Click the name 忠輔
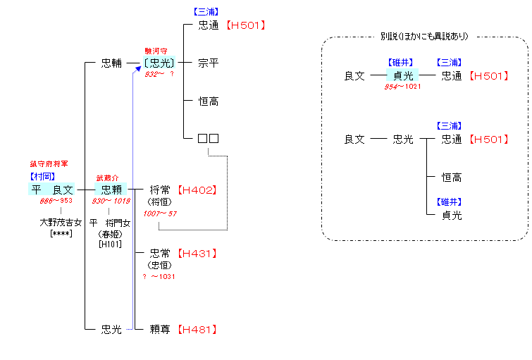112,63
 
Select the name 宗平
209,63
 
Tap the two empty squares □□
209,138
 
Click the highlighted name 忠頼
112,190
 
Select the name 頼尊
160,329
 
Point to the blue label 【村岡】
42,176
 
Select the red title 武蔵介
109,178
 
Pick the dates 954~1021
403,87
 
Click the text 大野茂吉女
61,222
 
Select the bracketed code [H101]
110,244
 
